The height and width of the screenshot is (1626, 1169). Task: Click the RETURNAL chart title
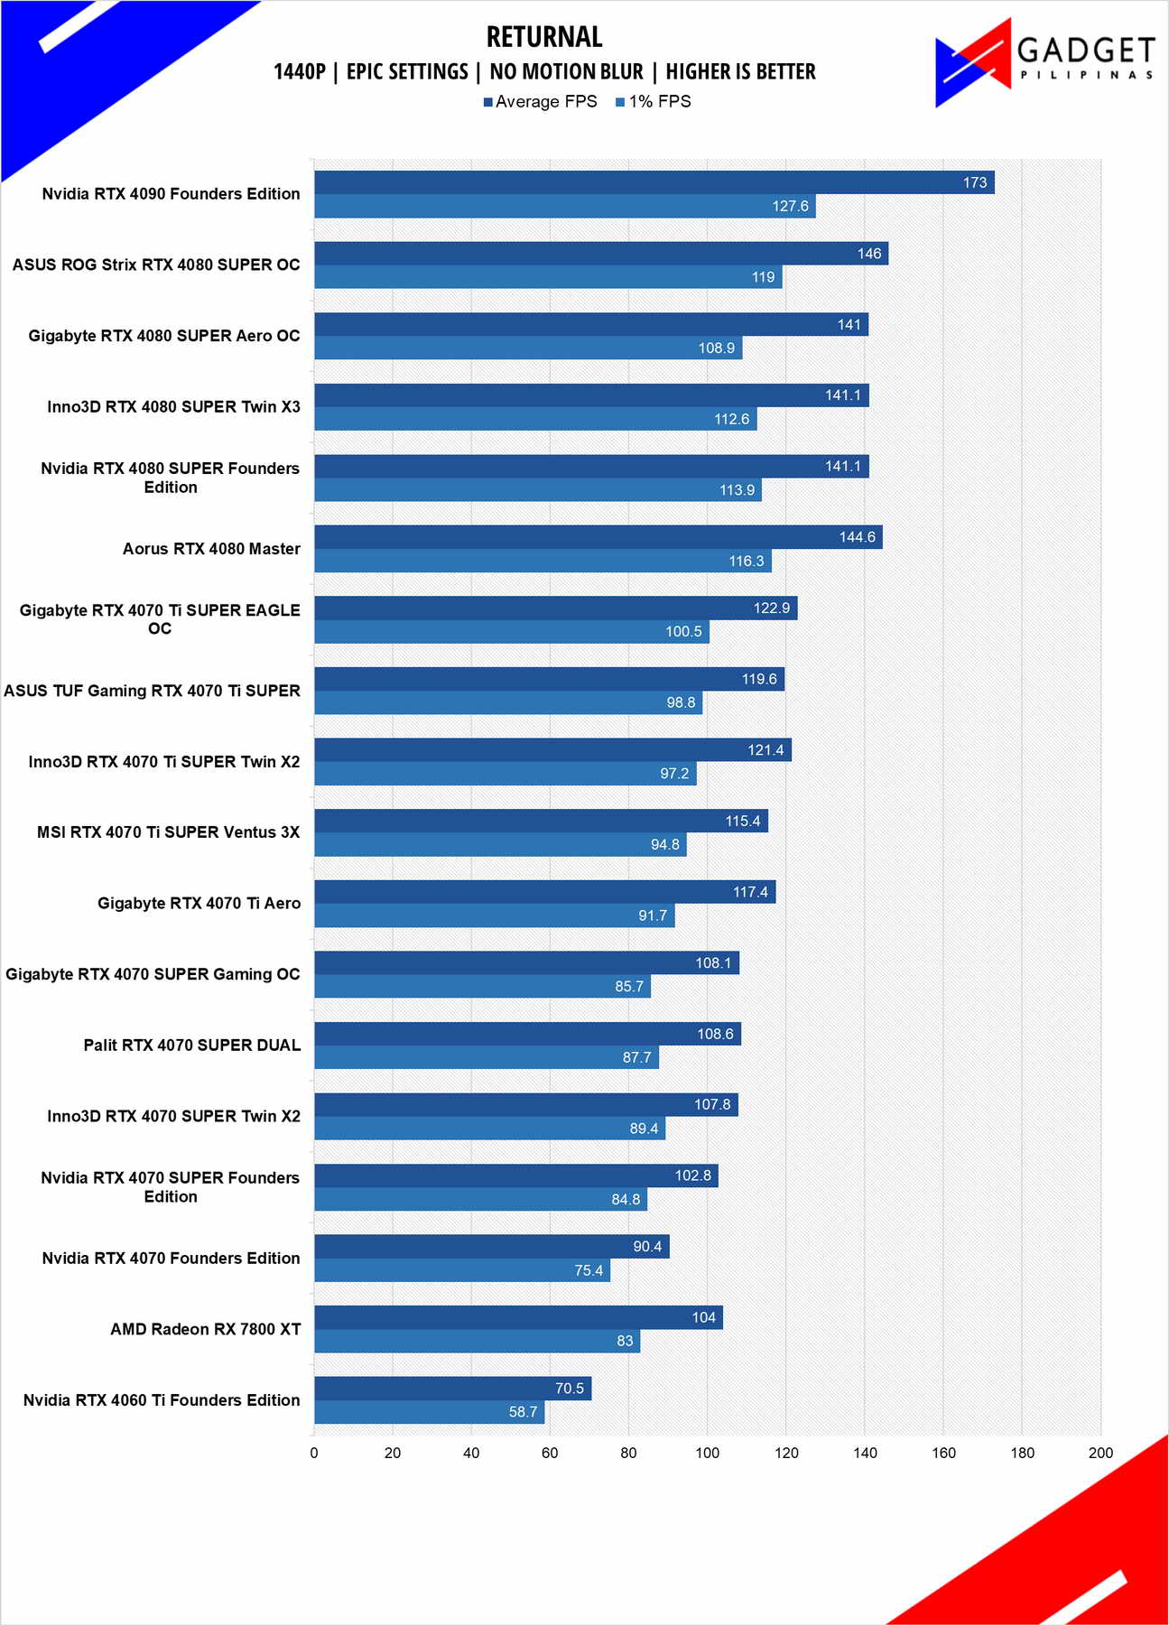pyautogui.click(x=544, y=37)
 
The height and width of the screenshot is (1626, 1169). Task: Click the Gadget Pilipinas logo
pyautogui.click(x=1044, y=61)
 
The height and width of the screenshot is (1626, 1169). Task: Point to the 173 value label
pyautogui.click(x=975, y=182)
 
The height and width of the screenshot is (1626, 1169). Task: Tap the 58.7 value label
pyautogui.click(x=523, y=1412)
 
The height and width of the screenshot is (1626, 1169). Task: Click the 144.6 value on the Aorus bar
pyautogui.click(x=857, y=537)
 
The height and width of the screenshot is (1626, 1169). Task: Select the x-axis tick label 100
pyautogui.click(x=707, y=1453)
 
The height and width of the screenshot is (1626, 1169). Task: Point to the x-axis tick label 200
pyautogui.click(x=1100, y=1453)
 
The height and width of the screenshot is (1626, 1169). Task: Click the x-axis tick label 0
pyautogui.click(x=314, y=1453)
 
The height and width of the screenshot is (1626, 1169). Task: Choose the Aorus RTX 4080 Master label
pyautogui.click(x=211, y=549)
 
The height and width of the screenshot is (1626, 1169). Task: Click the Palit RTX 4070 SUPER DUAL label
pyautogui.click(x=191, y=1045)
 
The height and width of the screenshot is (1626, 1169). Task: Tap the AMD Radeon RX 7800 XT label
pyautogui.click(x=205, y=1329)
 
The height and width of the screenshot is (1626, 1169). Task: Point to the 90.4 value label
pyautogui.click(x=647, y=1247)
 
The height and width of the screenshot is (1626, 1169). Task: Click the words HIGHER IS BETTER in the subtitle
pyautogui.click(x=740, y=72)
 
